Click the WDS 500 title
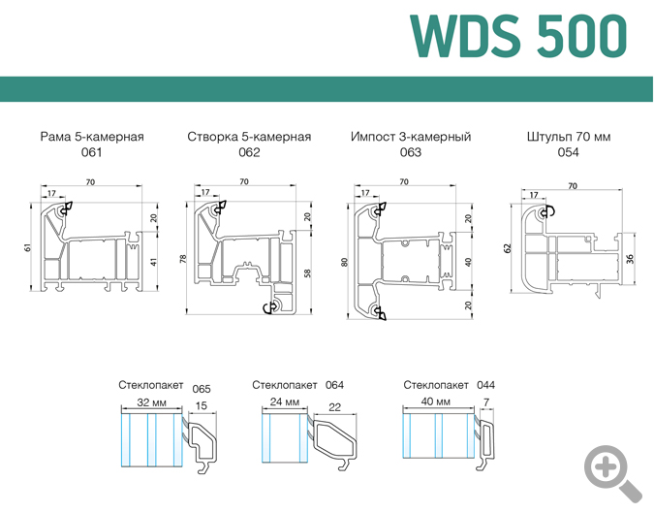point(518,36)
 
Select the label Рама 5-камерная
point(92,137)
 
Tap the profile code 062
point(249,153)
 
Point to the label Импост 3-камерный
point(411,137)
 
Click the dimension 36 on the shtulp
point(631,258)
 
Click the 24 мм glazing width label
point(280,401)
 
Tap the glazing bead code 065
point(202,389)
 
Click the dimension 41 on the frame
point(154,262)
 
